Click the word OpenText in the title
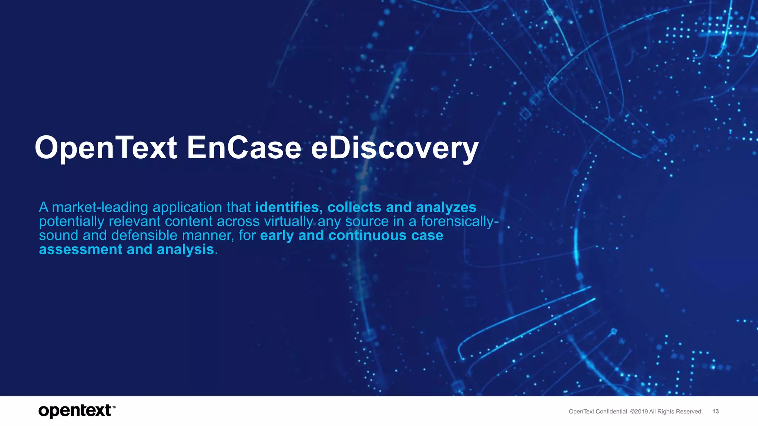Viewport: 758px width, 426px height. pos(106,148)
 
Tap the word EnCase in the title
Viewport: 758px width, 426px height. pos(244,148)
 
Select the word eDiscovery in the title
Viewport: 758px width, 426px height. pos(395,148)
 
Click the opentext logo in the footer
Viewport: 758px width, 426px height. pos(75,411)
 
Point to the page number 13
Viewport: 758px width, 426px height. pos(715,411)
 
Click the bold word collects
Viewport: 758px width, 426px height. pos(354,207)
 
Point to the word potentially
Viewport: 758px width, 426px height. pos(71,222)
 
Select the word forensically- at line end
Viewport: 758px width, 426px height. pos(459,222)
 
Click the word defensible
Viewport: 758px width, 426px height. pos(144,236)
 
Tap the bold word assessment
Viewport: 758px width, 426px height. pos(80,250)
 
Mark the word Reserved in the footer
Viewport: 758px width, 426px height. pos(689,412)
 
